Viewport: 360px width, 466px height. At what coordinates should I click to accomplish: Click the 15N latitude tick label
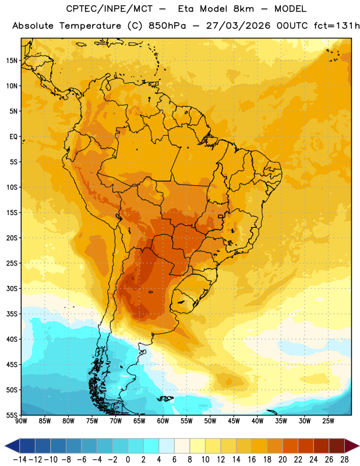click(12, 61)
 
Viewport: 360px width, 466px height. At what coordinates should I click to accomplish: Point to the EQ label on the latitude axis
click(13, 137)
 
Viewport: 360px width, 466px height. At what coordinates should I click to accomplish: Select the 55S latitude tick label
click(12, 415)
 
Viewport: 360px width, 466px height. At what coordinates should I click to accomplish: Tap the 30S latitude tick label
click(12, 288)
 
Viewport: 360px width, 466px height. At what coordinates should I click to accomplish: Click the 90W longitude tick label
click(21, 421)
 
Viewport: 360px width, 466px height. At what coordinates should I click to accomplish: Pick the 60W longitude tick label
click(163, 421)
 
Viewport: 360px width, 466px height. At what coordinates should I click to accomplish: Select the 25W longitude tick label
click(328, 421)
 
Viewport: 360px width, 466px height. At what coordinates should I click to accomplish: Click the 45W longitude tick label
click(234, 421)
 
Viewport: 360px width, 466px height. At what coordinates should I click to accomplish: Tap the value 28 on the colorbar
click(344, 460)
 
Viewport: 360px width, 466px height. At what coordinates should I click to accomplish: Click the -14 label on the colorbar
click(20, 460)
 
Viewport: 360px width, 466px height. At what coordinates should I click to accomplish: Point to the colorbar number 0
click(128, 460)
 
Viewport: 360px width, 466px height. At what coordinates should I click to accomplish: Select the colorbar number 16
click(252, 460)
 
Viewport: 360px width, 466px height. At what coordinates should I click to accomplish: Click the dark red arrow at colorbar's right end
click(352, 446)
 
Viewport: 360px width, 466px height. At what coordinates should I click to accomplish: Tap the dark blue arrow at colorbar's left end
click(12, 446)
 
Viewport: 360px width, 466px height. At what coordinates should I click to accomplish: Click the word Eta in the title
click(186, 9)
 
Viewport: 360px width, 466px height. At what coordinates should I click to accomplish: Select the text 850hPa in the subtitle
click(167, 26)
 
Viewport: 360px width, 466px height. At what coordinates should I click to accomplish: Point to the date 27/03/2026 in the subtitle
click(238, 26)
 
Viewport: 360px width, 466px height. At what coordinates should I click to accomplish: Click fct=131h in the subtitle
click(337, 26)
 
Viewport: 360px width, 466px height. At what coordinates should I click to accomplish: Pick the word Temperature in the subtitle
click(90, 26)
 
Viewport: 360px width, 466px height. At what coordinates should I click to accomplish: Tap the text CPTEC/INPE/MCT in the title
click(110, 9)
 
